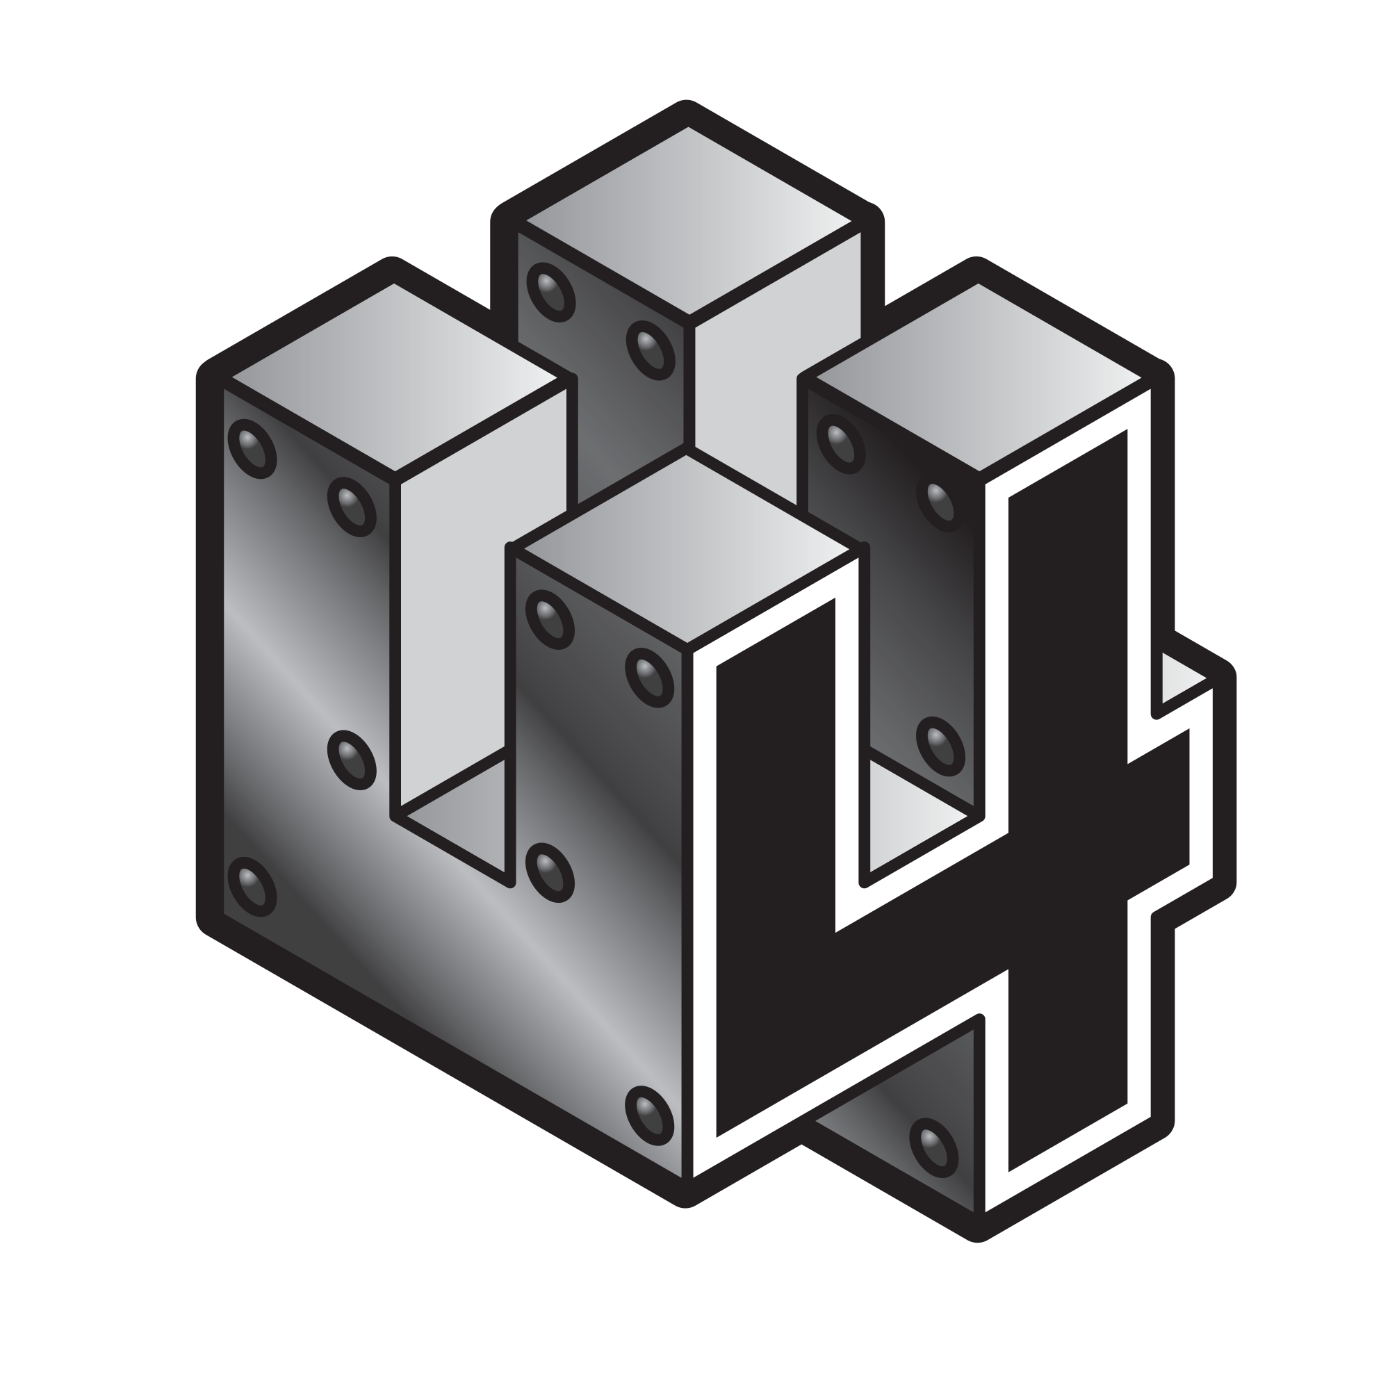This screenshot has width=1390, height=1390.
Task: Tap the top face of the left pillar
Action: [x=394, y=377]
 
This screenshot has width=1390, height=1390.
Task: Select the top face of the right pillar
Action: [x=979, y=377]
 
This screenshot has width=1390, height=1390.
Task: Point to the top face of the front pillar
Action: [x=687, y=550]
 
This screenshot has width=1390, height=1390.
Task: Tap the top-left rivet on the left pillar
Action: [x=252, y=448]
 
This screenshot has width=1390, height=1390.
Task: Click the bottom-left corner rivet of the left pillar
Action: [x=252, y=887]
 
